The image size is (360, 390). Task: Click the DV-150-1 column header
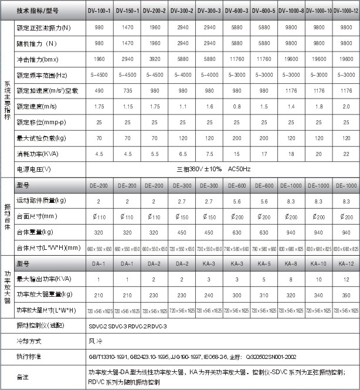coord(127,11)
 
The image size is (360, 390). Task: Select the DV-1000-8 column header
coord(291,11)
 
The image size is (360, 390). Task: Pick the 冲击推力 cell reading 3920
coord(154,59)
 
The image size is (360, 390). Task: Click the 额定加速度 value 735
coord(127,91)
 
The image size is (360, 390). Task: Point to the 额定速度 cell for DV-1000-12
coord(346,107)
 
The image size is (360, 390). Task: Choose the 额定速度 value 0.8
coord(236,107)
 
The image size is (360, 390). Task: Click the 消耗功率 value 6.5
coord(181,154)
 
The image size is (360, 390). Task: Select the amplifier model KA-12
coord(346,263)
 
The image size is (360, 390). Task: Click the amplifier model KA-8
coord(291,263)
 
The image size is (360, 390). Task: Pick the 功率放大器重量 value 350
coord(346,294)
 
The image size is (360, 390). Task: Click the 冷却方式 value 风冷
coord(94,340)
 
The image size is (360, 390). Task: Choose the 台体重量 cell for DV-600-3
coord(236,232)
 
